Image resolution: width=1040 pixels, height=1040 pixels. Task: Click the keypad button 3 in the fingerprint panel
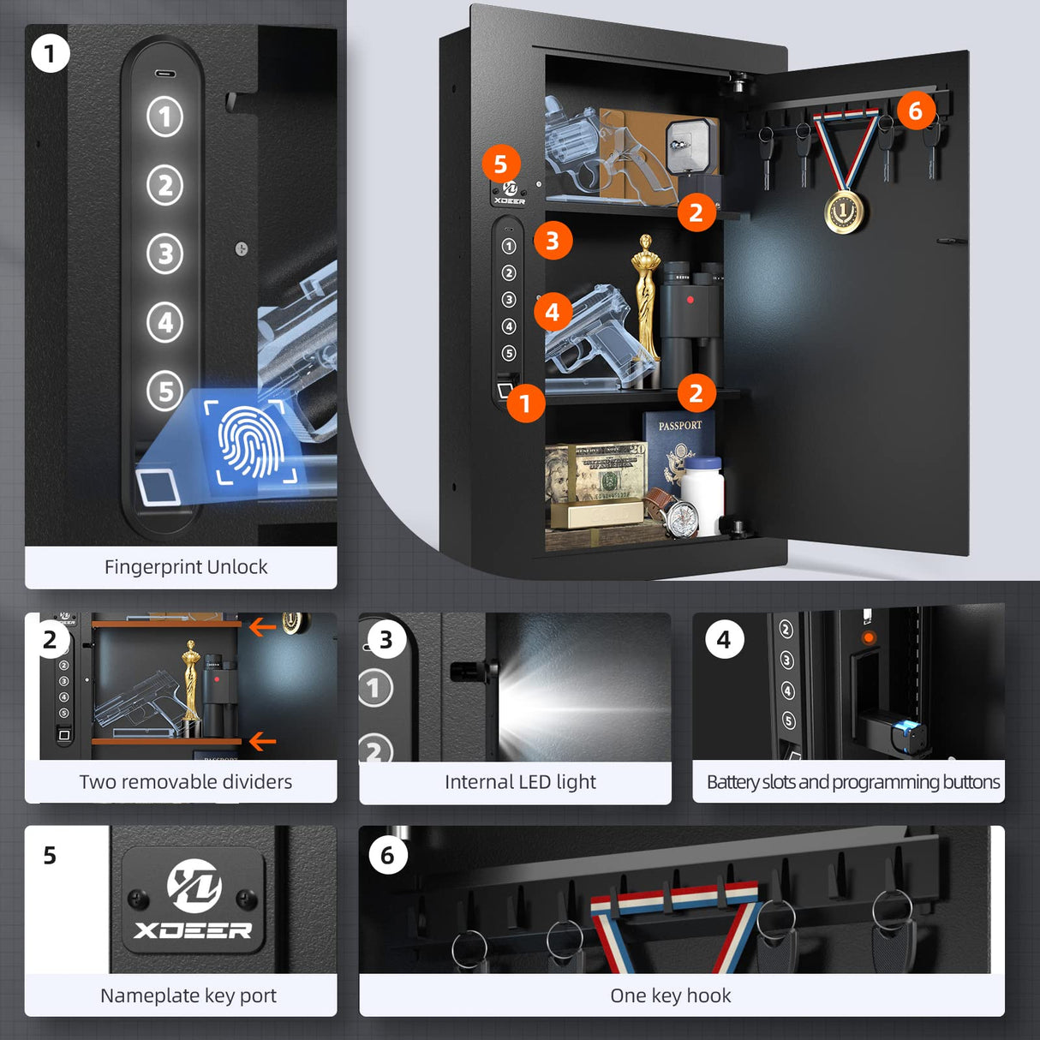pyautogui.click(x=165, y=254)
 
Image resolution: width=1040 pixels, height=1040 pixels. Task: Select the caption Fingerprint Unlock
pyautogui.click(x=186, y=567)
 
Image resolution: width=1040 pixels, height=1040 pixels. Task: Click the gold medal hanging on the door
pyautogui.click(x=844, y=211)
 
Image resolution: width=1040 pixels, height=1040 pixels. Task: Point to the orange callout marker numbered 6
pyautogui.click(x=915, y=111)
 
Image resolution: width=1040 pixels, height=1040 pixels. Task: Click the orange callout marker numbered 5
pyautogui.click(x=501, y=164)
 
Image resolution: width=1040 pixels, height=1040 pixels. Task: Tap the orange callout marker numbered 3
pyautogui.click(x=553, y=242)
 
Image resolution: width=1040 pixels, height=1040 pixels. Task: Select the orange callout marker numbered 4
pyautogui.click(x=553, y=313)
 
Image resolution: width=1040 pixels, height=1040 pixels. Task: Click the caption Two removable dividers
pyautogui.click(x=186, y=782)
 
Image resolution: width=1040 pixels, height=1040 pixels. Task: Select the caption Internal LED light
pyautogui.click(x=520, y=782)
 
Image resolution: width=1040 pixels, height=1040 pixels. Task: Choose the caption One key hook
pyautogui.click(x=671, y=995)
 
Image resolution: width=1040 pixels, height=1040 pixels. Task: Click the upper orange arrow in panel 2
pyautogui.click(x=261, y=628)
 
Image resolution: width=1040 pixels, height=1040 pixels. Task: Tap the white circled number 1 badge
pyautogui.click(x=50, y=53)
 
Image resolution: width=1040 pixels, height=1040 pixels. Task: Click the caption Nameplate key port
pyautogui.click(x=188, y=995)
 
